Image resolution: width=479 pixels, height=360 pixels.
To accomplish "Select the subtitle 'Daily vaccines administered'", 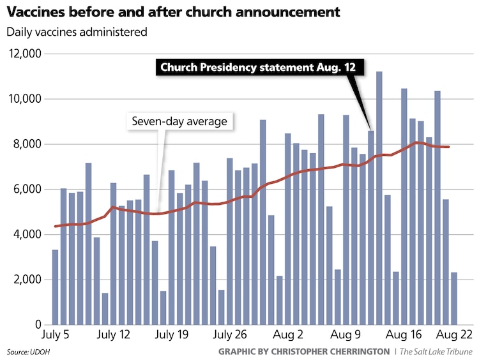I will [77, 31].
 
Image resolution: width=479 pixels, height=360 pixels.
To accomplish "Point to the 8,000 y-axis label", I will [27, 144].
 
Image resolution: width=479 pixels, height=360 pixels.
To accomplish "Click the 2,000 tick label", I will [27, 280].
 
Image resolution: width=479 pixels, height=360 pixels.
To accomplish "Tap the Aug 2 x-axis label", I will [289, 334].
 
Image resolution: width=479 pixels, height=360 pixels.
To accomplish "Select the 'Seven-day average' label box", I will [179, 121].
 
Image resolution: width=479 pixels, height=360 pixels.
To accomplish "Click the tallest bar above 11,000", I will [379, 198].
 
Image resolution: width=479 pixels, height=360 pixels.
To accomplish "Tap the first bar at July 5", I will [56, 287].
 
